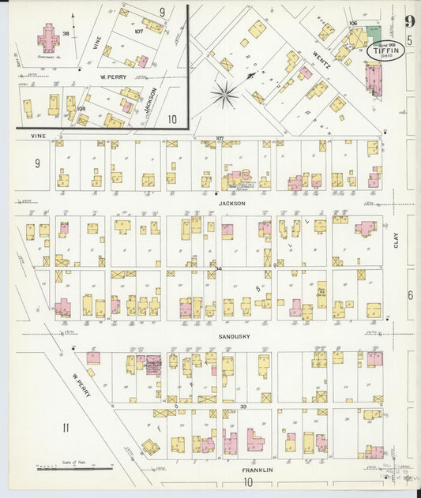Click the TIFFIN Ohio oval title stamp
[x=385, y=49]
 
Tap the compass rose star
[x=225, y=95]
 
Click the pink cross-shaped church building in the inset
[x=49, y=37]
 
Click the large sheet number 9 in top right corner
[x=409, y=21]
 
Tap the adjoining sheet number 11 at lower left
[x=66, y=429]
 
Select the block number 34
[x=218, y=270]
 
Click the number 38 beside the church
[x=66, y=34]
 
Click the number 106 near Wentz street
[x=352, y=24]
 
